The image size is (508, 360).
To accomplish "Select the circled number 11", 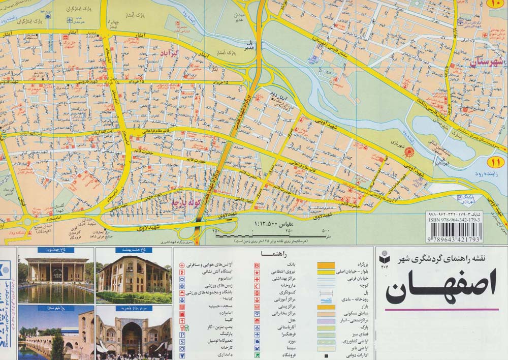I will coord(495,163).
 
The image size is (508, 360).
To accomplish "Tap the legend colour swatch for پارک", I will coord(326,328).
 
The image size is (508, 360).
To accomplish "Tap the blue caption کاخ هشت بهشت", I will coord(134,250).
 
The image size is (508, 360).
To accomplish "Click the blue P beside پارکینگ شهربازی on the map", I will coord(459,196).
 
